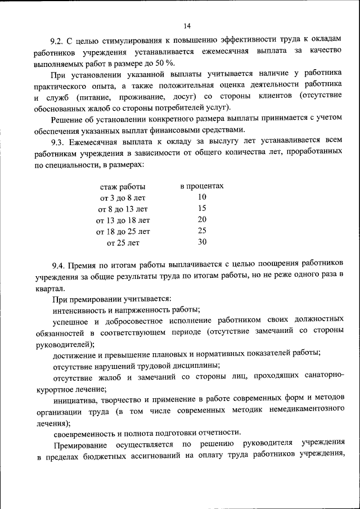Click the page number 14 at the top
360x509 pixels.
click(187, 26)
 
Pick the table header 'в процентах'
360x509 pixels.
click(202, 186)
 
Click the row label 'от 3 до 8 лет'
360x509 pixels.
click(123, 198)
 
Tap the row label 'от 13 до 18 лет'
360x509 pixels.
click(123, 220)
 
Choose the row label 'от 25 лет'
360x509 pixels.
click(123, 243)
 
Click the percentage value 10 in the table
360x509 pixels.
click(202, 197)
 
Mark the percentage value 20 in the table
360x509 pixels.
click(202, 219)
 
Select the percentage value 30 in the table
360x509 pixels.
click(202, 242)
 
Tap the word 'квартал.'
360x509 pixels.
click(49, 287)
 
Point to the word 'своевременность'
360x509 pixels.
click(84, 433)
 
